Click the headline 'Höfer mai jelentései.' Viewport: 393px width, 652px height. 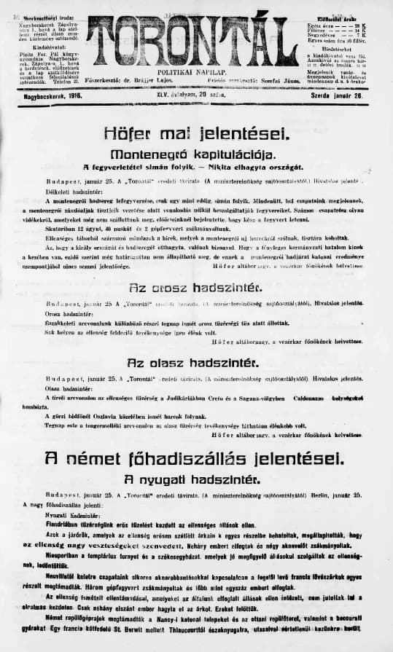pyautogui.click(x=197, y=134)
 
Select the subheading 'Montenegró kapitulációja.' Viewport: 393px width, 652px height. pyautogui.click(x=196, y=154)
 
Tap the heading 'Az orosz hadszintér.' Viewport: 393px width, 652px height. pyautogui.click(x=195, y=287)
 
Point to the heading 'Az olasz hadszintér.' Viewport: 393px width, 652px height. pyautogui.click(x=195, y=362)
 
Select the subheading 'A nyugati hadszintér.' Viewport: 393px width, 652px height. pyautogui.click(x=195, y=479)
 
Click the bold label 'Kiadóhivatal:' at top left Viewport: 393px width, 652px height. pyautogui.click(x=48, y=47)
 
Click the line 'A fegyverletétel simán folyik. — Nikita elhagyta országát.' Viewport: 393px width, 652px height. pyautogui.click(x=195, y=168)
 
